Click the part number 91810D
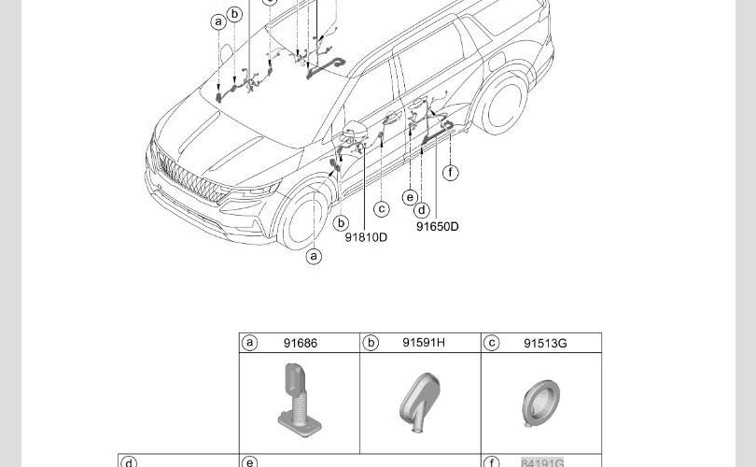[366, 237]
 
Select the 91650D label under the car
[438, 226]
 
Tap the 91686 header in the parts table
[301, 343]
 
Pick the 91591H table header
[424, 343]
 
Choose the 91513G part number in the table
[545, 343]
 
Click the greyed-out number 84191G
[542, 462]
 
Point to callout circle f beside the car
[450, 172]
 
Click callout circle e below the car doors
[410, 197]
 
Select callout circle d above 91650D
[422, 210]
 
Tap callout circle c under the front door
[382, 208]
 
